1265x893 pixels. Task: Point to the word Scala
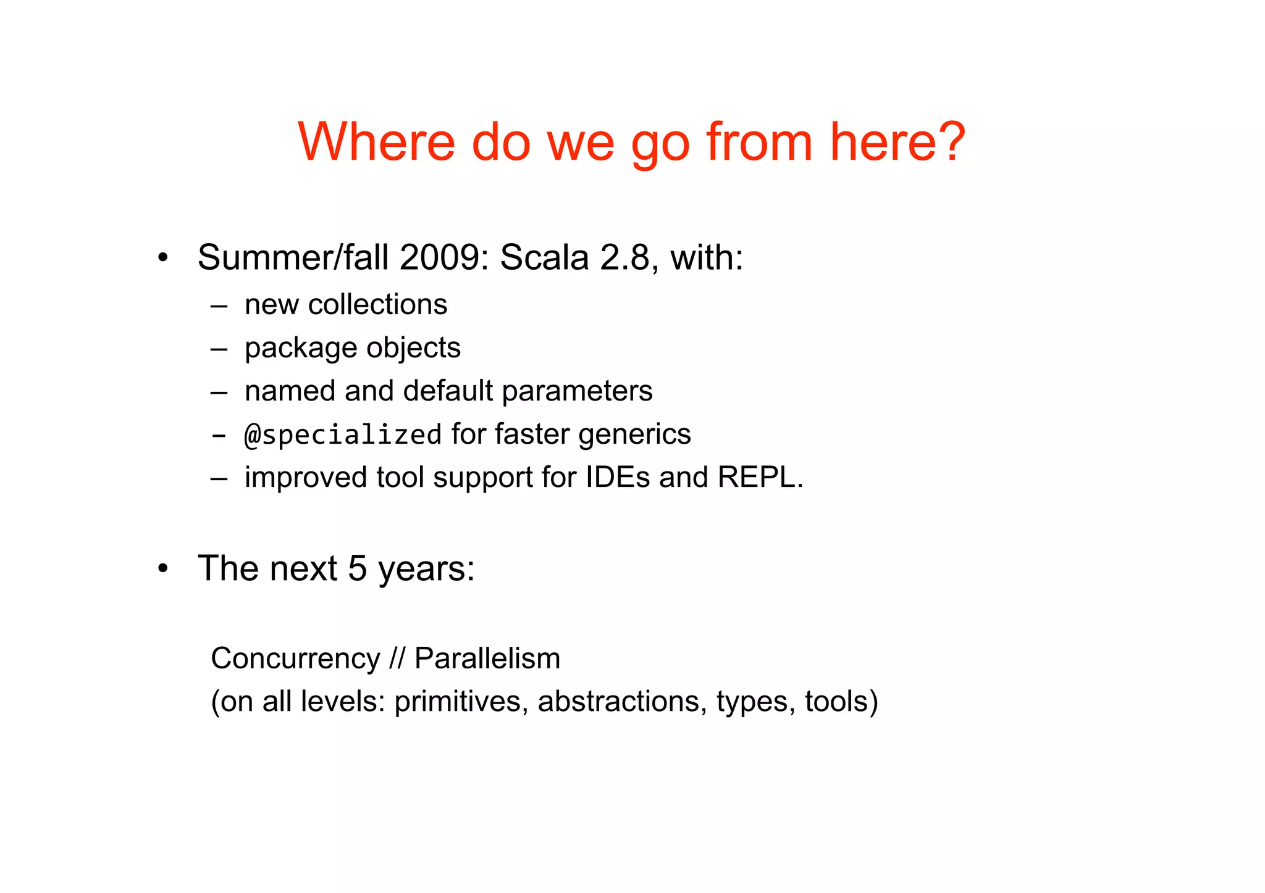click(544, 257)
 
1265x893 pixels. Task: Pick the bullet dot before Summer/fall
click(162, 258)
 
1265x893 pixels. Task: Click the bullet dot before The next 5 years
click(162, 569)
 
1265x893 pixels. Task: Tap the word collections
click(377, 304)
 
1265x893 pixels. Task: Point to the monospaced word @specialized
click(343, 434)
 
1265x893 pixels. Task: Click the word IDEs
click(617, 477)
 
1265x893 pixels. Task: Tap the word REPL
click(759, 477)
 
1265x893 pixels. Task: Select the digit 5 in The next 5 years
click(357, 568)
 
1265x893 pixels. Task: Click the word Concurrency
click(295, 658)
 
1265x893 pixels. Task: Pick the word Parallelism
click(487, 658)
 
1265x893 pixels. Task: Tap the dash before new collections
click(219, 305)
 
